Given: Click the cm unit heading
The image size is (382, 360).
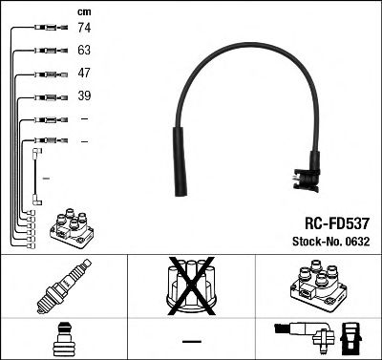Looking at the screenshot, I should click(x=82, y=11).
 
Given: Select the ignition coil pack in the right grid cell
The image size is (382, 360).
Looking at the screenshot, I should click(x=316, y=286).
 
